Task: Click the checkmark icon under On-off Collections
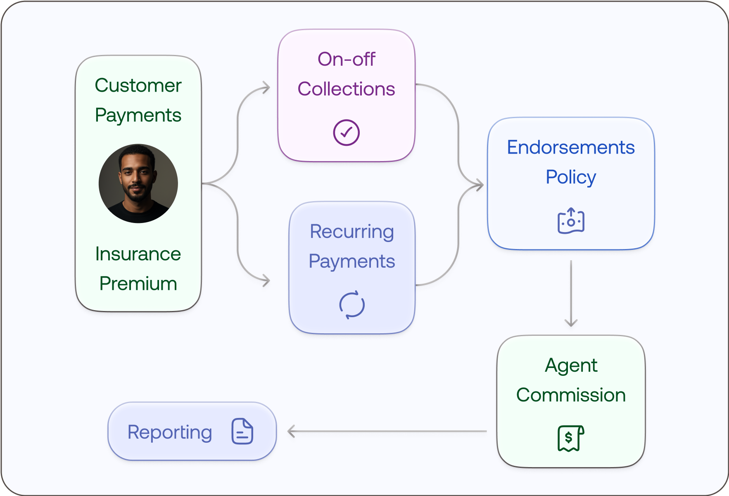point(346,133)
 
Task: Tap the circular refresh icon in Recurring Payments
point(352,305)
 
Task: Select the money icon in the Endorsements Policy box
point(571,221)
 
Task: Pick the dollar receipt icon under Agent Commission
point(570,438)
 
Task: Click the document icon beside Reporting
point(242,431)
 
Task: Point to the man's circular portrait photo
point(138,183)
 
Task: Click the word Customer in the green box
point(138,85)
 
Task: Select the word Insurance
point(138,254)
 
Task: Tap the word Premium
point(138,284)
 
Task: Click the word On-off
point(346,59)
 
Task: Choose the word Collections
point(346,89)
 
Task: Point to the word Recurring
point(351,231)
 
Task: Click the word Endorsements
point(570,147)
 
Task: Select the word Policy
point(570,177)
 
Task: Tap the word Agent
point(570,365)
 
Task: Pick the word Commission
point(570,395)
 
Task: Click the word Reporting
point(169,432)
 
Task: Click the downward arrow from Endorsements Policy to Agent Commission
point(571,293)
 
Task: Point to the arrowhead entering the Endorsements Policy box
point(480,185)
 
